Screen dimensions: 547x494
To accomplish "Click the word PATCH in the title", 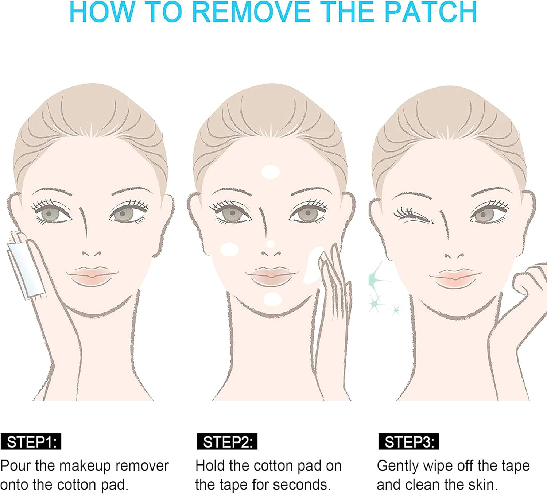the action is pos(431,12).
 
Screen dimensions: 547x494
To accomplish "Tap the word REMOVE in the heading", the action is pos(251,12).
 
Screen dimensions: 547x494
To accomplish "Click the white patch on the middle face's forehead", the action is pos(271,172).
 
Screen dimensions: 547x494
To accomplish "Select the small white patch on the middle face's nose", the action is pos(271,244).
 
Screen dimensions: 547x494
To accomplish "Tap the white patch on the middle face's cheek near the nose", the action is pos(229,250).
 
